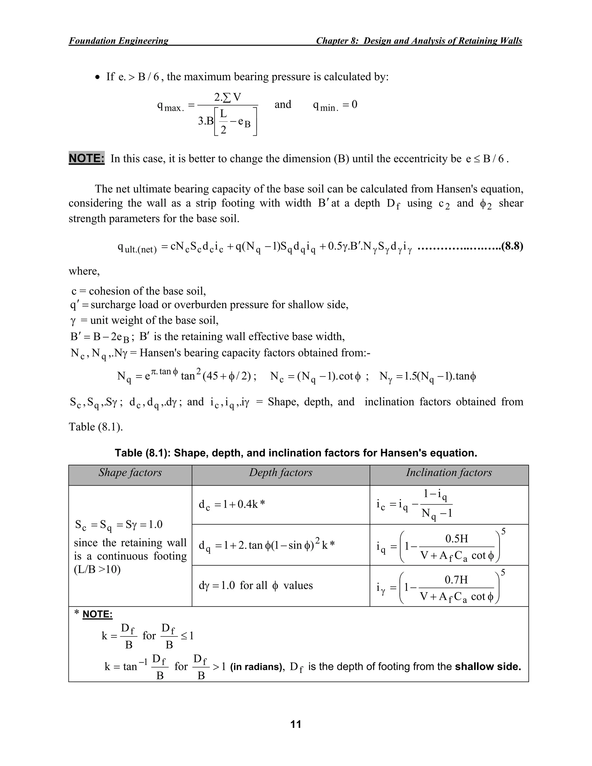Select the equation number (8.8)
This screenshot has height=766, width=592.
tap(512, 247)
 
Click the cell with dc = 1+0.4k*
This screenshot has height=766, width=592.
tap(232, 505)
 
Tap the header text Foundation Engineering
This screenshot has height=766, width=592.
tap(119, 41)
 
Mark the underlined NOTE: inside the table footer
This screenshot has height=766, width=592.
tap(97, 614)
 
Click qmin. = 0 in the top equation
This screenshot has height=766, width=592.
tap(335, 105)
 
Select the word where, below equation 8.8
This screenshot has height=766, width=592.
tap(84, 271)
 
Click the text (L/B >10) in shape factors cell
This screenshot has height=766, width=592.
tap(97, 569)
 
